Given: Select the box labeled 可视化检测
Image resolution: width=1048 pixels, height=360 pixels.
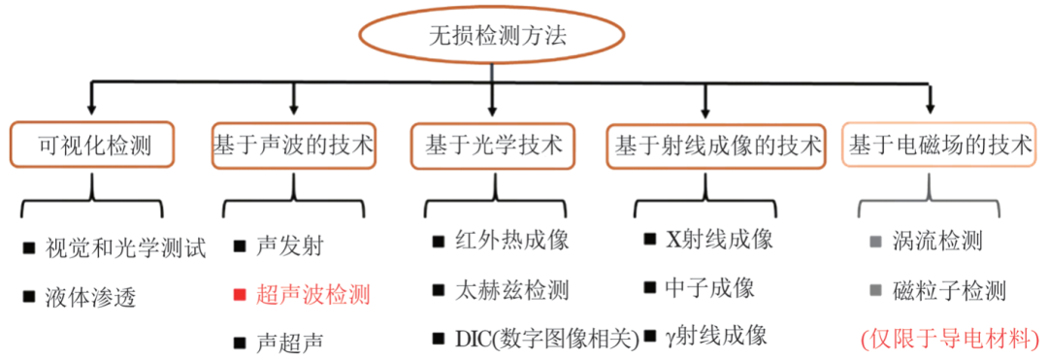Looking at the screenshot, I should click(x=93, y=147).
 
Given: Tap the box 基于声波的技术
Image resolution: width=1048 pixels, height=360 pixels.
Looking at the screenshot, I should click(x=293, y=147).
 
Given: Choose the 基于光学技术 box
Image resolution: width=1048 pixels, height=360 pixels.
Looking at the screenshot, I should click(x=494, y=147).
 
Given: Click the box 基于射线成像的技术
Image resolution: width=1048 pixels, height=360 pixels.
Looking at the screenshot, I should click(x=717, y=147).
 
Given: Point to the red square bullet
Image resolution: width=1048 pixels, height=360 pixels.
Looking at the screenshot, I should click(x=239, y=293).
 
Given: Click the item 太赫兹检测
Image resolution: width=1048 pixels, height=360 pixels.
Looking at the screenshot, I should click(x=512, y=289).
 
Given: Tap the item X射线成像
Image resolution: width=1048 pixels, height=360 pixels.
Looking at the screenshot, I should click(x=719, y=239).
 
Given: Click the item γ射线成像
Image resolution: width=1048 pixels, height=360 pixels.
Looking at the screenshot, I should click(x=716, y=336).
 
